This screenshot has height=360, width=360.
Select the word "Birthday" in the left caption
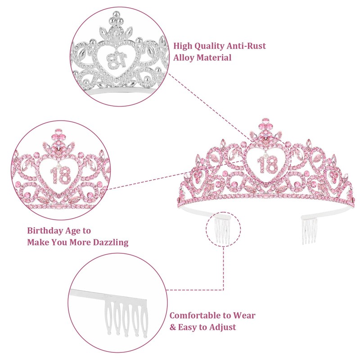click(45, 230)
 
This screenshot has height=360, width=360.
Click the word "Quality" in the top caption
click(212, 46)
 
